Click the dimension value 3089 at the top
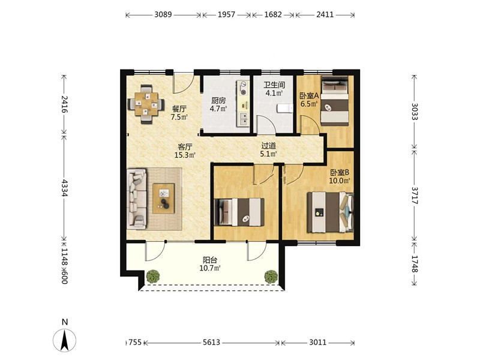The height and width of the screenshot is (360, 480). (163, 14)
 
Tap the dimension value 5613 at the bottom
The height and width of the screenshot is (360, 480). (211, 342)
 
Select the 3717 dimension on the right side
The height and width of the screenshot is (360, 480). (415, 196)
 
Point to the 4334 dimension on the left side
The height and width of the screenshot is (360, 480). (65, 188)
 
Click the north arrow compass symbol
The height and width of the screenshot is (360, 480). (65, 340)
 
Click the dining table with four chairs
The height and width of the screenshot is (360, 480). (146, 104)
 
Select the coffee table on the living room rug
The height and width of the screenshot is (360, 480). (164, 199)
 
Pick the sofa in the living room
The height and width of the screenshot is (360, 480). (137, 199)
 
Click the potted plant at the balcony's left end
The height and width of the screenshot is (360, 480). (153, 276)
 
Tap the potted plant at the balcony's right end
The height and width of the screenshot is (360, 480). (271, 276)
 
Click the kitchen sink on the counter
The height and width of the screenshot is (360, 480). (244, 119)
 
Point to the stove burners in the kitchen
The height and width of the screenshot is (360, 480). (244, 88)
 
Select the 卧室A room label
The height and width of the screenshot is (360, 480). (309, 96)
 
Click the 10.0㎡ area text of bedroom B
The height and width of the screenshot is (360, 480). (340, 181)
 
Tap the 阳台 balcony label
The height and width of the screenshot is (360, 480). (210, 260)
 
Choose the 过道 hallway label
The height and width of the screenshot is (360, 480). (269, 146)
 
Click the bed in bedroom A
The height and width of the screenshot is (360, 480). (335, 100)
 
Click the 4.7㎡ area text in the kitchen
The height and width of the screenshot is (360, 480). (218, 109)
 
